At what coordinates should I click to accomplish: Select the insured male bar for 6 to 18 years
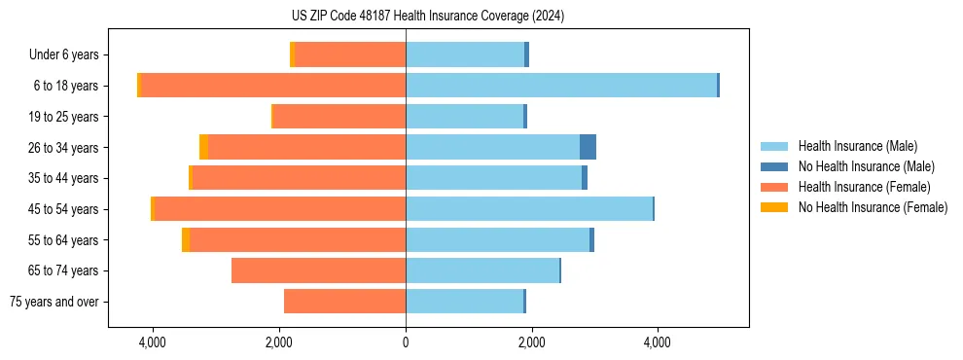click(x=561, y=86)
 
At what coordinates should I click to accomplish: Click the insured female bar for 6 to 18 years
click(x=273, y=86)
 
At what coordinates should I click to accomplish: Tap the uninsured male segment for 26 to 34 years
click(x=588, y=147)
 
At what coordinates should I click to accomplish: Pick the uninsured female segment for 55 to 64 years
click(x=186, y=239)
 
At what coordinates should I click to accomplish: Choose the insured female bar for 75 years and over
click(x=344, y=302)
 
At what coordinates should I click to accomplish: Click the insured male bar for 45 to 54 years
click(x=529, y=209)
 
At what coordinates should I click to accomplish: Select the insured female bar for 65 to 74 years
click(x=318, y=270)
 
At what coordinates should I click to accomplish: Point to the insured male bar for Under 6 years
click(x=465, y=54)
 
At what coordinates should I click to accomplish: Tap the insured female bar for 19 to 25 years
click(x=339, y=117)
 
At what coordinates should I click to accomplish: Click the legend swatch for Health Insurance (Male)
click(x=774, y=146)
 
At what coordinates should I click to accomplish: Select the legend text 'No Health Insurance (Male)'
click(x=866, y=166)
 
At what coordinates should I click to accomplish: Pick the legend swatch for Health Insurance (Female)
click(x=774, y=187)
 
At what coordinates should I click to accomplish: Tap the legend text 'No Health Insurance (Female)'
click(x=873, y=207)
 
